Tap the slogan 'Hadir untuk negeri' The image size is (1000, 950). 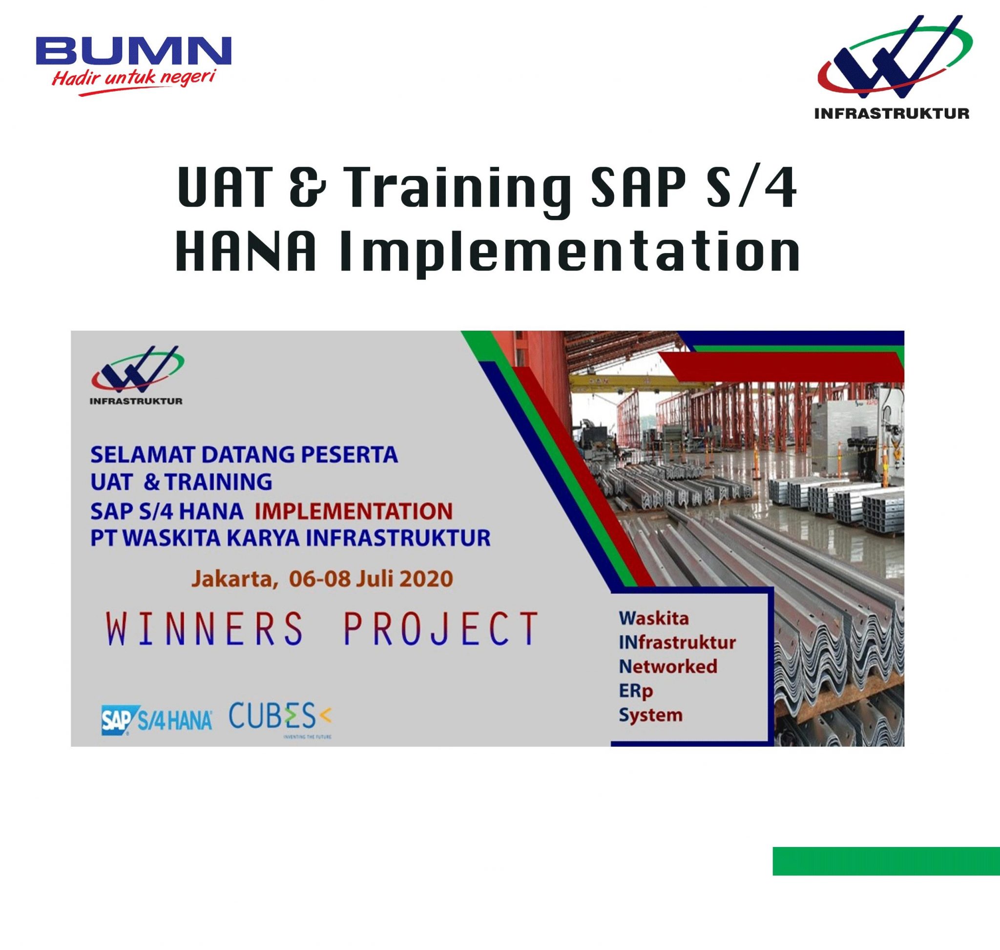[x=133, y=79]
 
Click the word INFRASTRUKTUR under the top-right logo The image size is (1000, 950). [x=891, y=113]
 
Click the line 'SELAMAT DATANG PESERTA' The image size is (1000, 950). [x=244, y=455]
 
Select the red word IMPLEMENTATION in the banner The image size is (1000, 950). [x=354, y=511]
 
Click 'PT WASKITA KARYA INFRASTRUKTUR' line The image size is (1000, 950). [x=290, y=538]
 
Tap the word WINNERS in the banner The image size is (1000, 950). [x=205, y=629]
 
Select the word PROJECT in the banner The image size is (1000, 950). [x=440, y=629]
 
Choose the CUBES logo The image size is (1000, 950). [x=280, y=717]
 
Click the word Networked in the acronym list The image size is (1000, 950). [x=668, y=666]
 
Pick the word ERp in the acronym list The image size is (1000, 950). [x=635, y=691]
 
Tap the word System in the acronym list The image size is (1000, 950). [x=650, y=715]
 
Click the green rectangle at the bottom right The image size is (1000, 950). [x=886, y=861]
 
